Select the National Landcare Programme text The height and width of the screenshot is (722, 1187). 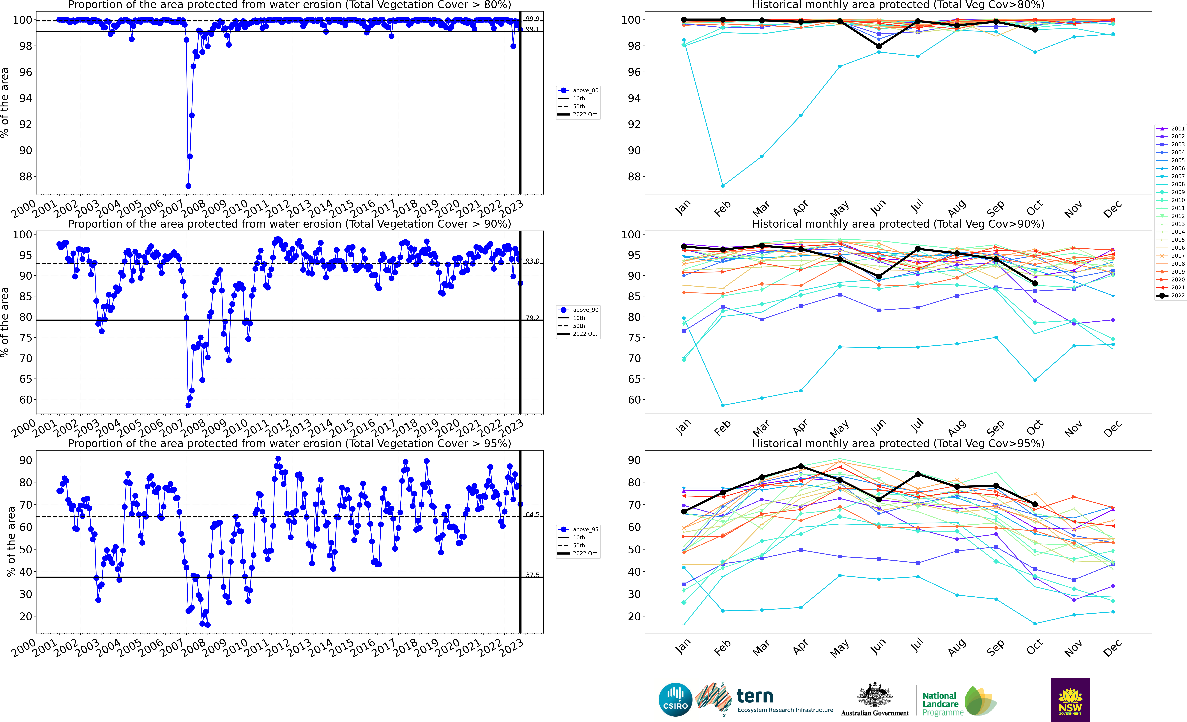pyautogui.click(x=940, y=704)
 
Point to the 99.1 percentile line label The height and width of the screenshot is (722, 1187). pyautogui.click(x=532, y=29)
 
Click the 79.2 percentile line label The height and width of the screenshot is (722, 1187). pyautogui.click(x=532, y=318)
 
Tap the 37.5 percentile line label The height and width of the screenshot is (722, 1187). pyautogui.click(x=532, y=575)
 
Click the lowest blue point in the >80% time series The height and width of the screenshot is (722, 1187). pyautogui.click(x=188, y=186)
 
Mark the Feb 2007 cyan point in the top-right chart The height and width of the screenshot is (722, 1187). pyautogui.click(x=723, y=186)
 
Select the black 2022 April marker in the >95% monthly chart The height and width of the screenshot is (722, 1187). pyautogui.click(x=801, y=466)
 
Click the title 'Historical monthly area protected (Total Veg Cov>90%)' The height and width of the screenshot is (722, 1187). pyautogui.click(x=898, y=224)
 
